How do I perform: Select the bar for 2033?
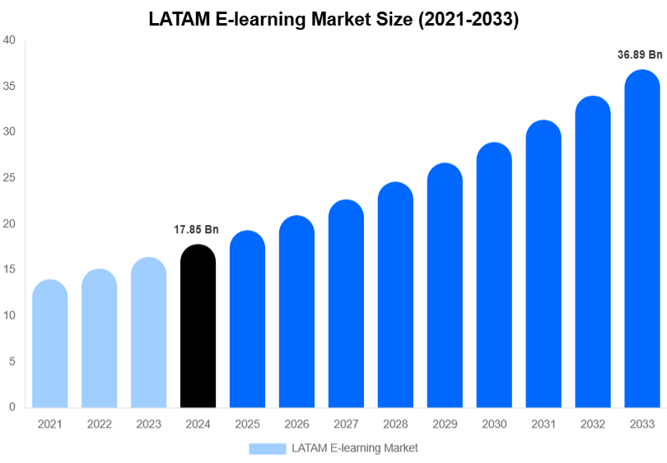642,239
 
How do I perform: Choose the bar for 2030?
494,275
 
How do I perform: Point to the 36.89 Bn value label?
640,55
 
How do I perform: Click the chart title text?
333,21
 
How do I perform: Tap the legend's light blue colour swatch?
267,448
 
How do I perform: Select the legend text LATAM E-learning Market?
355,448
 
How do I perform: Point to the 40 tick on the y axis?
10,40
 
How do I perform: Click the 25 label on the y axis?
10,178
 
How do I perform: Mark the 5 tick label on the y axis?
13,361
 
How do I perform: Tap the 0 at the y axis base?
13,407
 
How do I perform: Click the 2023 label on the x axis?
149,424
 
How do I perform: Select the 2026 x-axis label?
296,424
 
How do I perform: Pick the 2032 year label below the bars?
593,424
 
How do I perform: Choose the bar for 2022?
100,339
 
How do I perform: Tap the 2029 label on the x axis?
445,424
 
